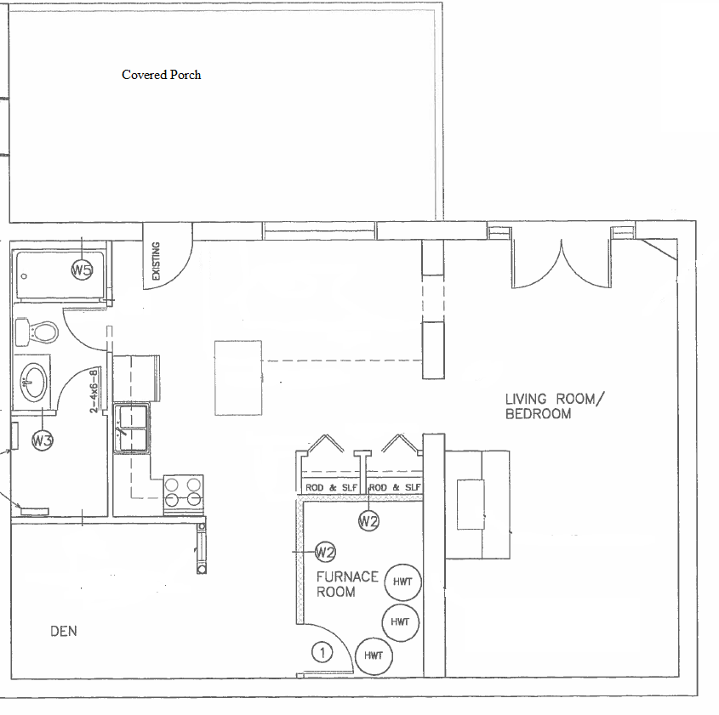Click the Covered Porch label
click(x=162, y=75)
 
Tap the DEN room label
click(x=64, y=631)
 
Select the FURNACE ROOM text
click(x=347, y=584)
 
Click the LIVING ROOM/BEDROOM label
click(x=555, y=406)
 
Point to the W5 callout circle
click(x=82, y=270)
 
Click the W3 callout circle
click(x=43, y=440)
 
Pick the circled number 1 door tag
click(x=322, y=653)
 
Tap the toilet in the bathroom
click(x=37, y=332)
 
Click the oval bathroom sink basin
click(x=33, y=382)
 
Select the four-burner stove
click(x=184, y=496)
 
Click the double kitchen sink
click(x=132, y=428)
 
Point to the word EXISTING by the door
click(x=156, y=261)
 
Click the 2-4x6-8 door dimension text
click(x=94, y=391)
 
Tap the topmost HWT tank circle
click(x=402, y=582)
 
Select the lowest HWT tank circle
click(x=374, y=656)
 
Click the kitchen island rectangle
click(x=238, y=377)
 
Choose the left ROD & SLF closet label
click(x=331, y=488)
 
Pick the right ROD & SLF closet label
click(x=395, y=487)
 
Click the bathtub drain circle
click(x=25, y=276)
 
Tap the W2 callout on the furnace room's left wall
click(x=325, y=552)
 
